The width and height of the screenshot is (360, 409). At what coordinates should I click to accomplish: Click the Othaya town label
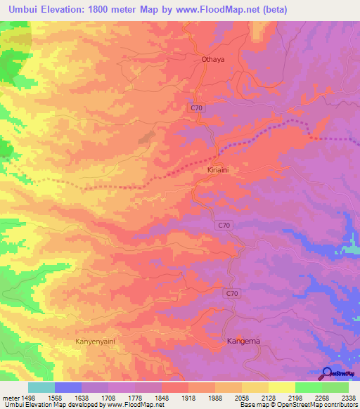[212, 60]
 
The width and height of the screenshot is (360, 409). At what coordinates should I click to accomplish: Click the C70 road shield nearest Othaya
[198, 107]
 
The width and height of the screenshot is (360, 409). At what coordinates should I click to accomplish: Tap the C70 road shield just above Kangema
[233, 293]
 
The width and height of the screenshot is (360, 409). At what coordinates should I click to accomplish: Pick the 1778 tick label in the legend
[137, 396]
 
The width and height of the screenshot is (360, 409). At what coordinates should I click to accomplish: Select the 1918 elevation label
[191, 396]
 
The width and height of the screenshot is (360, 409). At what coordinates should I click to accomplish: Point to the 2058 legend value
[243, 396]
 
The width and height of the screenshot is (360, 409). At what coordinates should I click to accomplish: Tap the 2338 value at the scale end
[347, 396]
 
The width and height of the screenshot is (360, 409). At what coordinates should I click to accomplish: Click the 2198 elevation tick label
[296, 396]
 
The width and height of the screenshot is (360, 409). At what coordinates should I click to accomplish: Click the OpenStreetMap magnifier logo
[328, 373]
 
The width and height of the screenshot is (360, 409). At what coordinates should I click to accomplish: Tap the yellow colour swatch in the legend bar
[282, 387]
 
